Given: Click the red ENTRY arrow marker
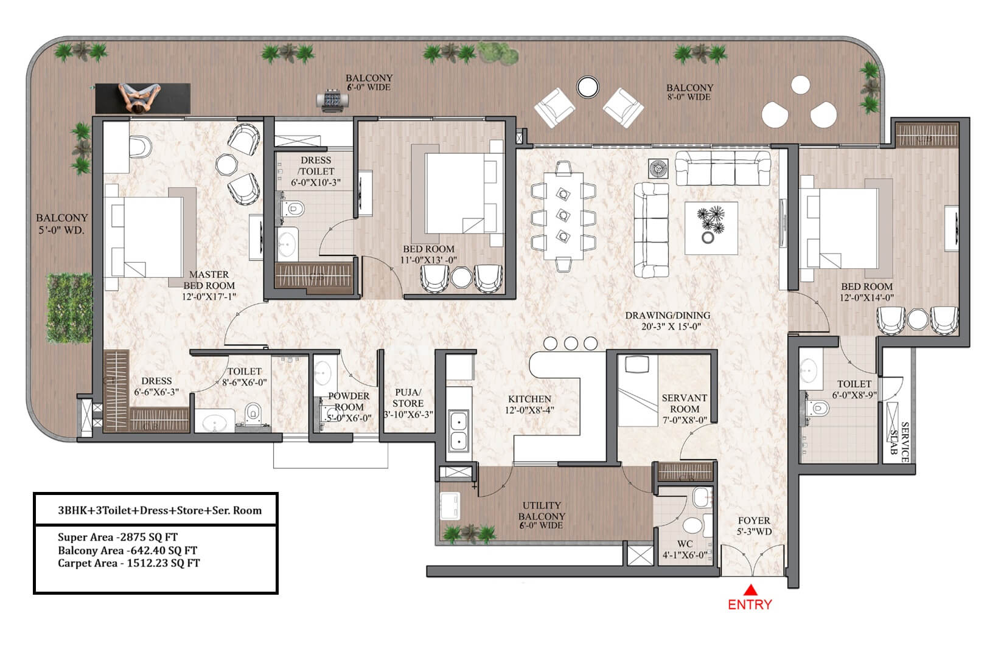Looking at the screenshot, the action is (x=750, y=590).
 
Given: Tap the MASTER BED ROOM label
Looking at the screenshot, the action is (x=209, y=280).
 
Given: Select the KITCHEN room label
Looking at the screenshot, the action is (x=529, y=399).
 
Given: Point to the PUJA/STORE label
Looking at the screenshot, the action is (x=408, y=398).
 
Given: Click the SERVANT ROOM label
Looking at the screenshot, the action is (x=685, y=404).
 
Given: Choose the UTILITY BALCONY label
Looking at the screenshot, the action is (x=542, y=511).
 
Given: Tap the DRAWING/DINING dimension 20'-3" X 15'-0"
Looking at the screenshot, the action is (x=671, y=327).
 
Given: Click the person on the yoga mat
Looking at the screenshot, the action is (x=139, y=97).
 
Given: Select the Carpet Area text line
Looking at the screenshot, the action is (x=128, y=563).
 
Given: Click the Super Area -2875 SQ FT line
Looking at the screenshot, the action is (x=117, y=537).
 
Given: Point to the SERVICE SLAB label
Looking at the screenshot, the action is (x=899, y=442).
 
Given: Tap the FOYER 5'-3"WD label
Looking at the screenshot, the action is (x=754, y=526).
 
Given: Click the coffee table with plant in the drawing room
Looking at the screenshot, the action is (x=711, y=228).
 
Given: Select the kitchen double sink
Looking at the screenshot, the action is (x=459, y=431).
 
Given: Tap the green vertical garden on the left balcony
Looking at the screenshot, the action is (x=69, y=308).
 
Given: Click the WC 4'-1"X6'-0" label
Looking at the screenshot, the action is (x=685, y=550).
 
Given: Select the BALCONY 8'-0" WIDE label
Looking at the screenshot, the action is (x=689, y=92).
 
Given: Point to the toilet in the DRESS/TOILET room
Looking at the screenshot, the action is (x=292, y=209).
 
